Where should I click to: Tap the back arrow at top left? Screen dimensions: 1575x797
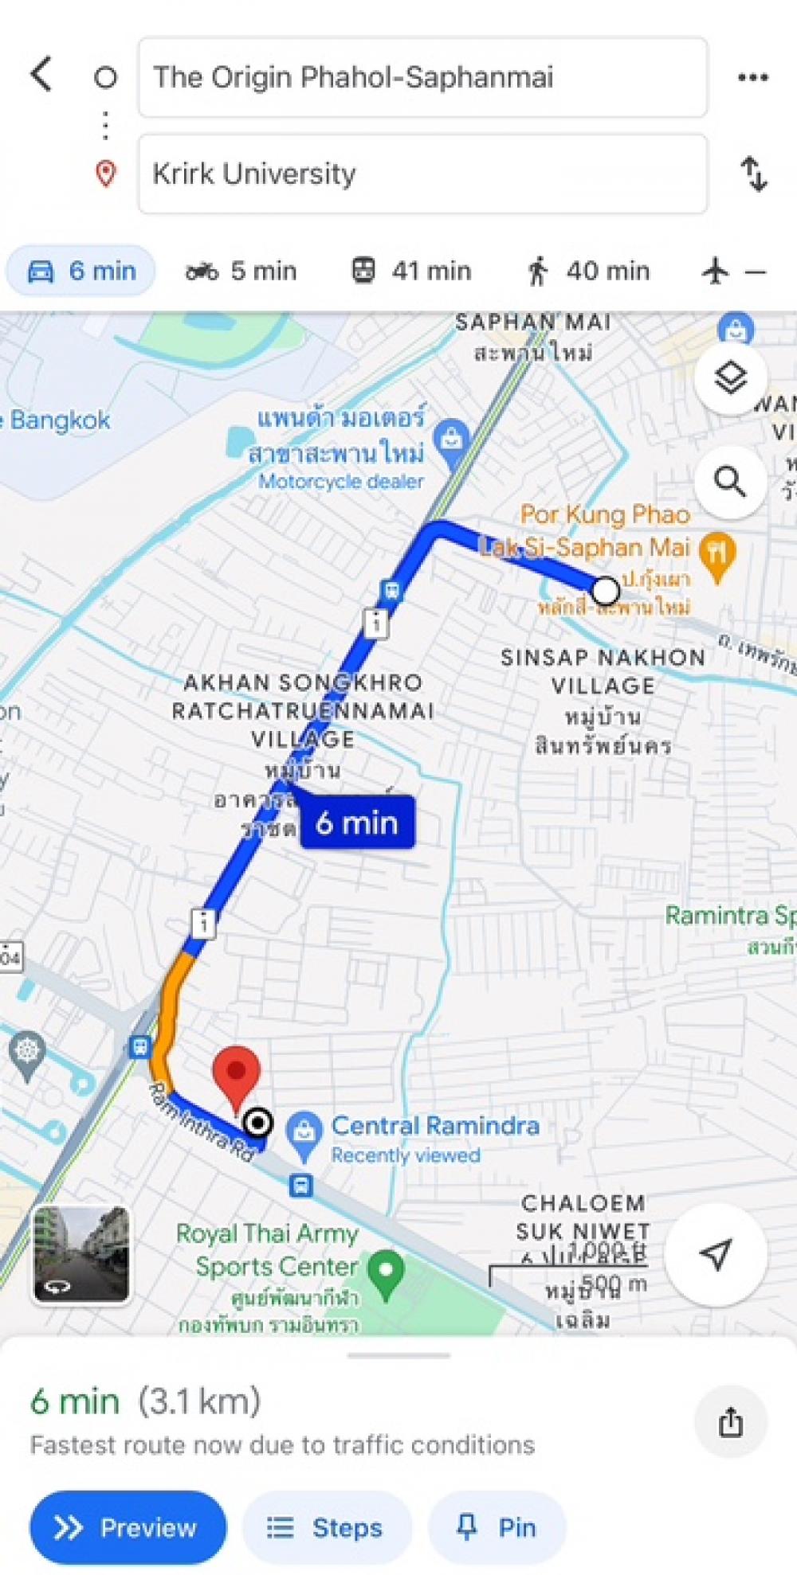click(41, 75)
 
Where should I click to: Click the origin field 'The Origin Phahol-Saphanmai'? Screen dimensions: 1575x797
click(422, 77)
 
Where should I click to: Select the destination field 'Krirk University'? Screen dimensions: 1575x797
click(422, 174)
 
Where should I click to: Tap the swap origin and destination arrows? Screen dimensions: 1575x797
click(753, 174)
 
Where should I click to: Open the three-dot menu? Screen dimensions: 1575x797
click(752, 77)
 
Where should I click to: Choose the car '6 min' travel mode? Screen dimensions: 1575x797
click(81, 272)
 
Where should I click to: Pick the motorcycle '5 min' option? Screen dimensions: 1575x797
click(241, 272)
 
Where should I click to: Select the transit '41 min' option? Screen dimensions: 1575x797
click(411, 272)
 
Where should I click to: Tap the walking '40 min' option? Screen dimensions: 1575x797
click(588, 272)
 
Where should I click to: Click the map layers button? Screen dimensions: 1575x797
click(730, 377)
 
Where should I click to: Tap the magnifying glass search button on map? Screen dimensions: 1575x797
click(730, 481)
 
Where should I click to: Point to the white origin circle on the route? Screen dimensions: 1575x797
click(606, 590)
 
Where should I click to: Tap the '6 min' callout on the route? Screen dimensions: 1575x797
click(357, 823)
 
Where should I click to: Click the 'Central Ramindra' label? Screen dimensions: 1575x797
click(434, 1126)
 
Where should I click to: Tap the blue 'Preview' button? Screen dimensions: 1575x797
click(128, 1527)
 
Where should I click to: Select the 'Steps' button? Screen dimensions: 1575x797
click(327, 1527)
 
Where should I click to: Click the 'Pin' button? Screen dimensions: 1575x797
click(497, 1527)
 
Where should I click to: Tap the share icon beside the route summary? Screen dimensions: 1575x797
click(730, 1422)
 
